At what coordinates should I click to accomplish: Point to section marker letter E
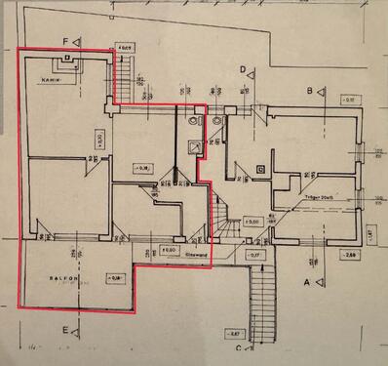[x=66, y=331]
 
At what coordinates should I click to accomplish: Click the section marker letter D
[x=242, y=68]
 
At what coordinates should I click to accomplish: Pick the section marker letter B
[x=309, y=90]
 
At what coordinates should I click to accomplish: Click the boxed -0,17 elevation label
[x=256, y=255]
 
